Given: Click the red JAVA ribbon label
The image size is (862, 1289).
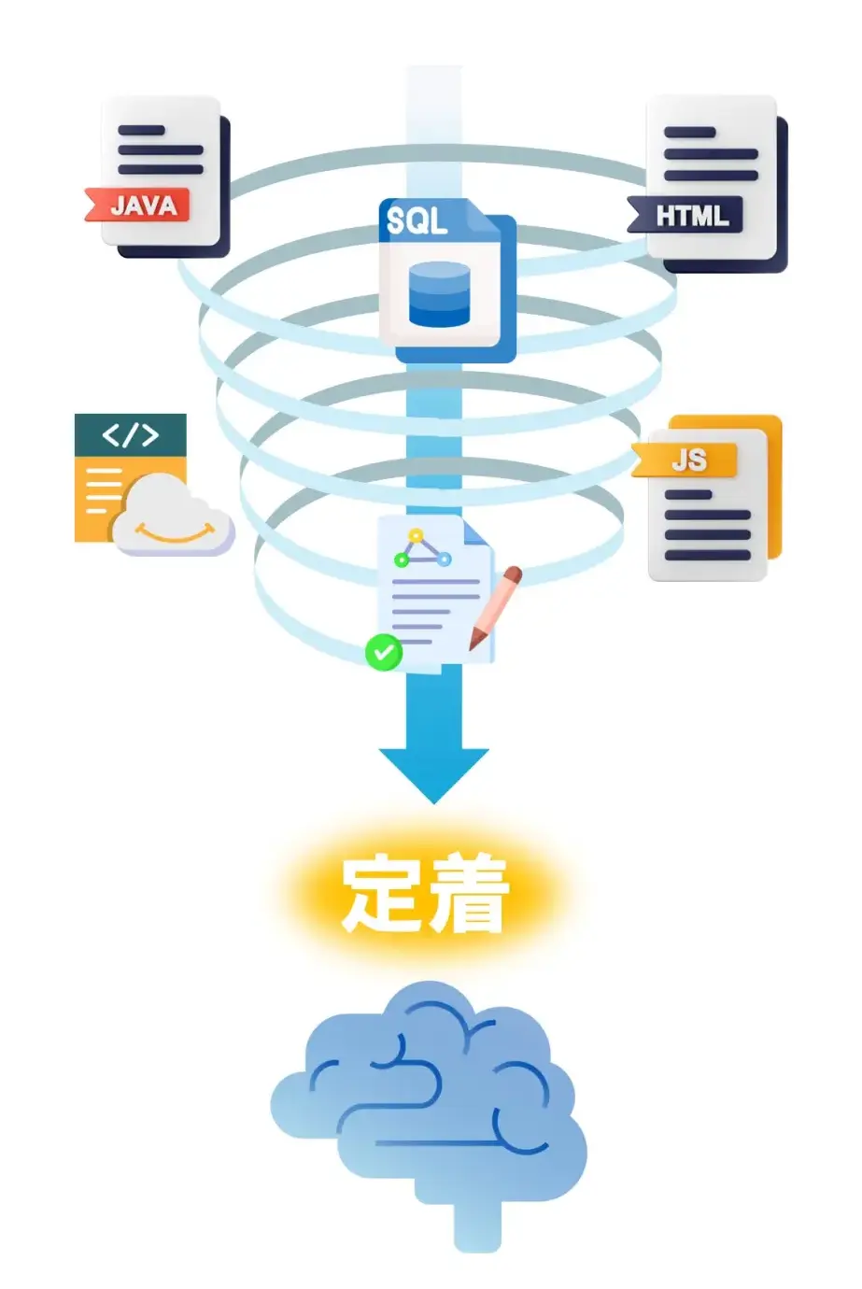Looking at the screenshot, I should [140, 205].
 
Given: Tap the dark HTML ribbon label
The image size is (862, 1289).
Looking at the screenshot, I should [689, 216].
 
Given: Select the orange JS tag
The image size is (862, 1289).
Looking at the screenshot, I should [687, 460].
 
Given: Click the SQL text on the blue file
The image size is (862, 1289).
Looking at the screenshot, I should [417, 220].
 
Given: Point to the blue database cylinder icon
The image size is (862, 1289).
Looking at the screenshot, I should [440, 293].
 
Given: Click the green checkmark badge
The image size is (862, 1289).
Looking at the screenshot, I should [383, 652].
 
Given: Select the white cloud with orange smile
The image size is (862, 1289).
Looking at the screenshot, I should [173, 517].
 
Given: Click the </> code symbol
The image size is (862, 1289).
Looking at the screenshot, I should [130, 435].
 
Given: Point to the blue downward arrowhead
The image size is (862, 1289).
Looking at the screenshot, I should [433, 772].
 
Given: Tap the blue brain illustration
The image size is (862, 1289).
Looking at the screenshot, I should [430, 1102].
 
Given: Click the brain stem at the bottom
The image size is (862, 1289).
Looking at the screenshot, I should [477, 1228].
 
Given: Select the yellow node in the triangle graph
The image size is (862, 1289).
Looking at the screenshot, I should [417, 536].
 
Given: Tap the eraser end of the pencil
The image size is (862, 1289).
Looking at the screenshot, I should [512, 572].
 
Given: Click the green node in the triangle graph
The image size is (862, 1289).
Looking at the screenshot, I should [402, 560].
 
